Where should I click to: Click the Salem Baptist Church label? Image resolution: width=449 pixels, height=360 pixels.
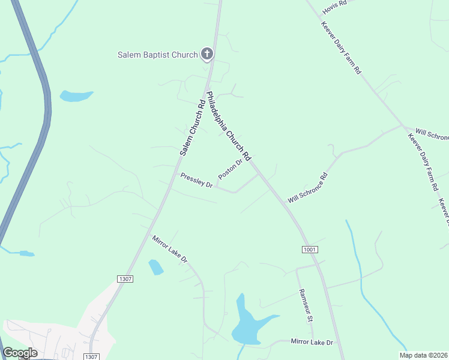pyautogui.click(x=157, y=55)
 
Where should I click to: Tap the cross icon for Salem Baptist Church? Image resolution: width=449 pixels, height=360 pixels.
pyautogui.click(x=206, y=55)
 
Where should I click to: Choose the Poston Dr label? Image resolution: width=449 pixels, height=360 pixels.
pyautogui.click(x=231, y=169)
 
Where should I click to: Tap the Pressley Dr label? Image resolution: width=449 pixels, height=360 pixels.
pyautogui.click(x=197, y=180)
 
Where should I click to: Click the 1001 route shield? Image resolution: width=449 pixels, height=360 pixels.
pyautogui.click(x=309, y=249)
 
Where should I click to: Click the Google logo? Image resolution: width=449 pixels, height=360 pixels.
pyautogui.click(x=20, y=353)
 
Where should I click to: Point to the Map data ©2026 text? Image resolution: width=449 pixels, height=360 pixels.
pyautogui.click(x=423, y=355)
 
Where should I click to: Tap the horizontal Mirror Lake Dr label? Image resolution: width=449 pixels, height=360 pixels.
pyautogui.click(x=312, y=342)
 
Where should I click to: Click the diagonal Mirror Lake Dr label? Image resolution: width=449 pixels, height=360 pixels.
pyautogui.click(x=170, y=249)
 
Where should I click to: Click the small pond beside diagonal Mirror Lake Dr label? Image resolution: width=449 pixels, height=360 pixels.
pyautogui.click(x=155, y=267)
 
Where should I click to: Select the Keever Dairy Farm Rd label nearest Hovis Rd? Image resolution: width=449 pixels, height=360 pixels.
pyautogui.click(x=341, y=49)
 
